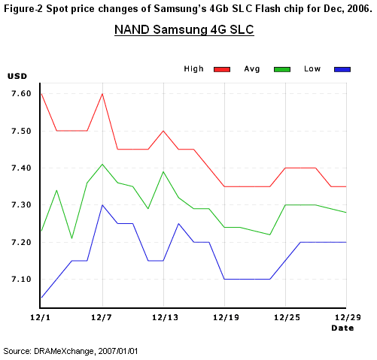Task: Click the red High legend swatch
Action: [x=222, y=69]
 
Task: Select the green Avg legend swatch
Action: [x=282, y=69]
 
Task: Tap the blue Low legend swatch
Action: [x=342, y=69]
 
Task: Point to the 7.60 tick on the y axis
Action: [x=21, y=94]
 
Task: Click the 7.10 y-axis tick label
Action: [x=21, y=279]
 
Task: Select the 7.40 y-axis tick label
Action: [x=21, y=168]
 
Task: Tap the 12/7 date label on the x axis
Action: [x=102, y=318]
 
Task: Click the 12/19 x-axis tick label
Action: [x=227, y=318]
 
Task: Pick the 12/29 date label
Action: [x=348, y=318]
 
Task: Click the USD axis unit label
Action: [x=17, y=76]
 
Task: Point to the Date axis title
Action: [x=342, y=328]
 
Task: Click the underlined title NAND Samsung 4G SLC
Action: [x=184, y=30]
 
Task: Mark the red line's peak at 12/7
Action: [x=102, y=94]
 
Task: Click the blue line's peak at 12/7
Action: [x=102, y=205]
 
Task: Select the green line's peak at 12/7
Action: [x=102, y=164]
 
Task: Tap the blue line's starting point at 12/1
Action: [x=41, y=298]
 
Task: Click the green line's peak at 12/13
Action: [x=163, y=171]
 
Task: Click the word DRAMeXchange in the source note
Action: [x=64, y=351]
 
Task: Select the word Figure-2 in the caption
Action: [x=24, y=9]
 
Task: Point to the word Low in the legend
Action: [x=312, y=69]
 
